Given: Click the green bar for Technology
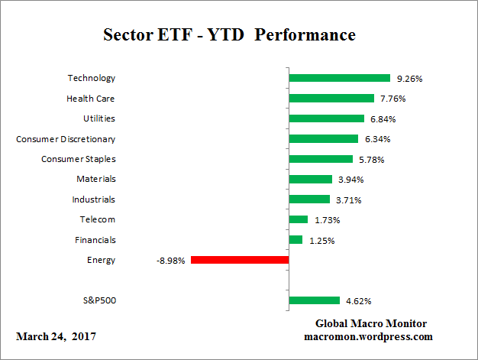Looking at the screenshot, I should pos(340,78).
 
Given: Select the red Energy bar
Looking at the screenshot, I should pos(240,260).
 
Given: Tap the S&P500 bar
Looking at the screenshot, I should pos(314,300).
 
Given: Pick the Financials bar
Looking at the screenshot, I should pos(296,240).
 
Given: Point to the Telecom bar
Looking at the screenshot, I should pos(298,219).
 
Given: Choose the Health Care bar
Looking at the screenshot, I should pos(331,98).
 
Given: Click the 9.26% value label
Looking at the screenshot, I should pos(409,78).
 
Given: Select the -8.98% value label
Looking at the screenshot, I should pos(170,261).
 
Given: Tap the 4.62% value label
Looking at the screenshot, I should pos(359,301).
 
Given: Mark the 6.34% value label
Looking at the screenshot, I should pos(377,139).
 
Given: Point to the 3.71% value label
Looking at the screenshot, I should pos(348,199).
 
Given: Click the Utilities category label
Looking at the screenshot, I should pos(99,118).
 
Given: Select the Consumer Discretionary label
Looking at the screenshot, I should pos(66,138).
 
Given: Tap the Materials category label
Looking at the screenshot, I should pos(95,179).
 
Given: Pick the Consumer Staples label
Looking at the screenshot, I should pos(78,159).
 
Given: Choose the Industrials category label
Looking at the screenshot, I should pos(93,199).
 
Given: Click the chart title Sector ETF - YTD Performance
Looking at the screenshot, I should pos(229,35).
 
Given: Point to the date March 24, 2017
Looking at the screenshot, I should pos(56,336).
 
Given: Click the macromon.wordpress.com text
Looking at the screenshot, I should pos(369,336).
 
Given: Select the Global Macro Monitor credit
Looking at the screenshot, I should pos(370,323).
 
